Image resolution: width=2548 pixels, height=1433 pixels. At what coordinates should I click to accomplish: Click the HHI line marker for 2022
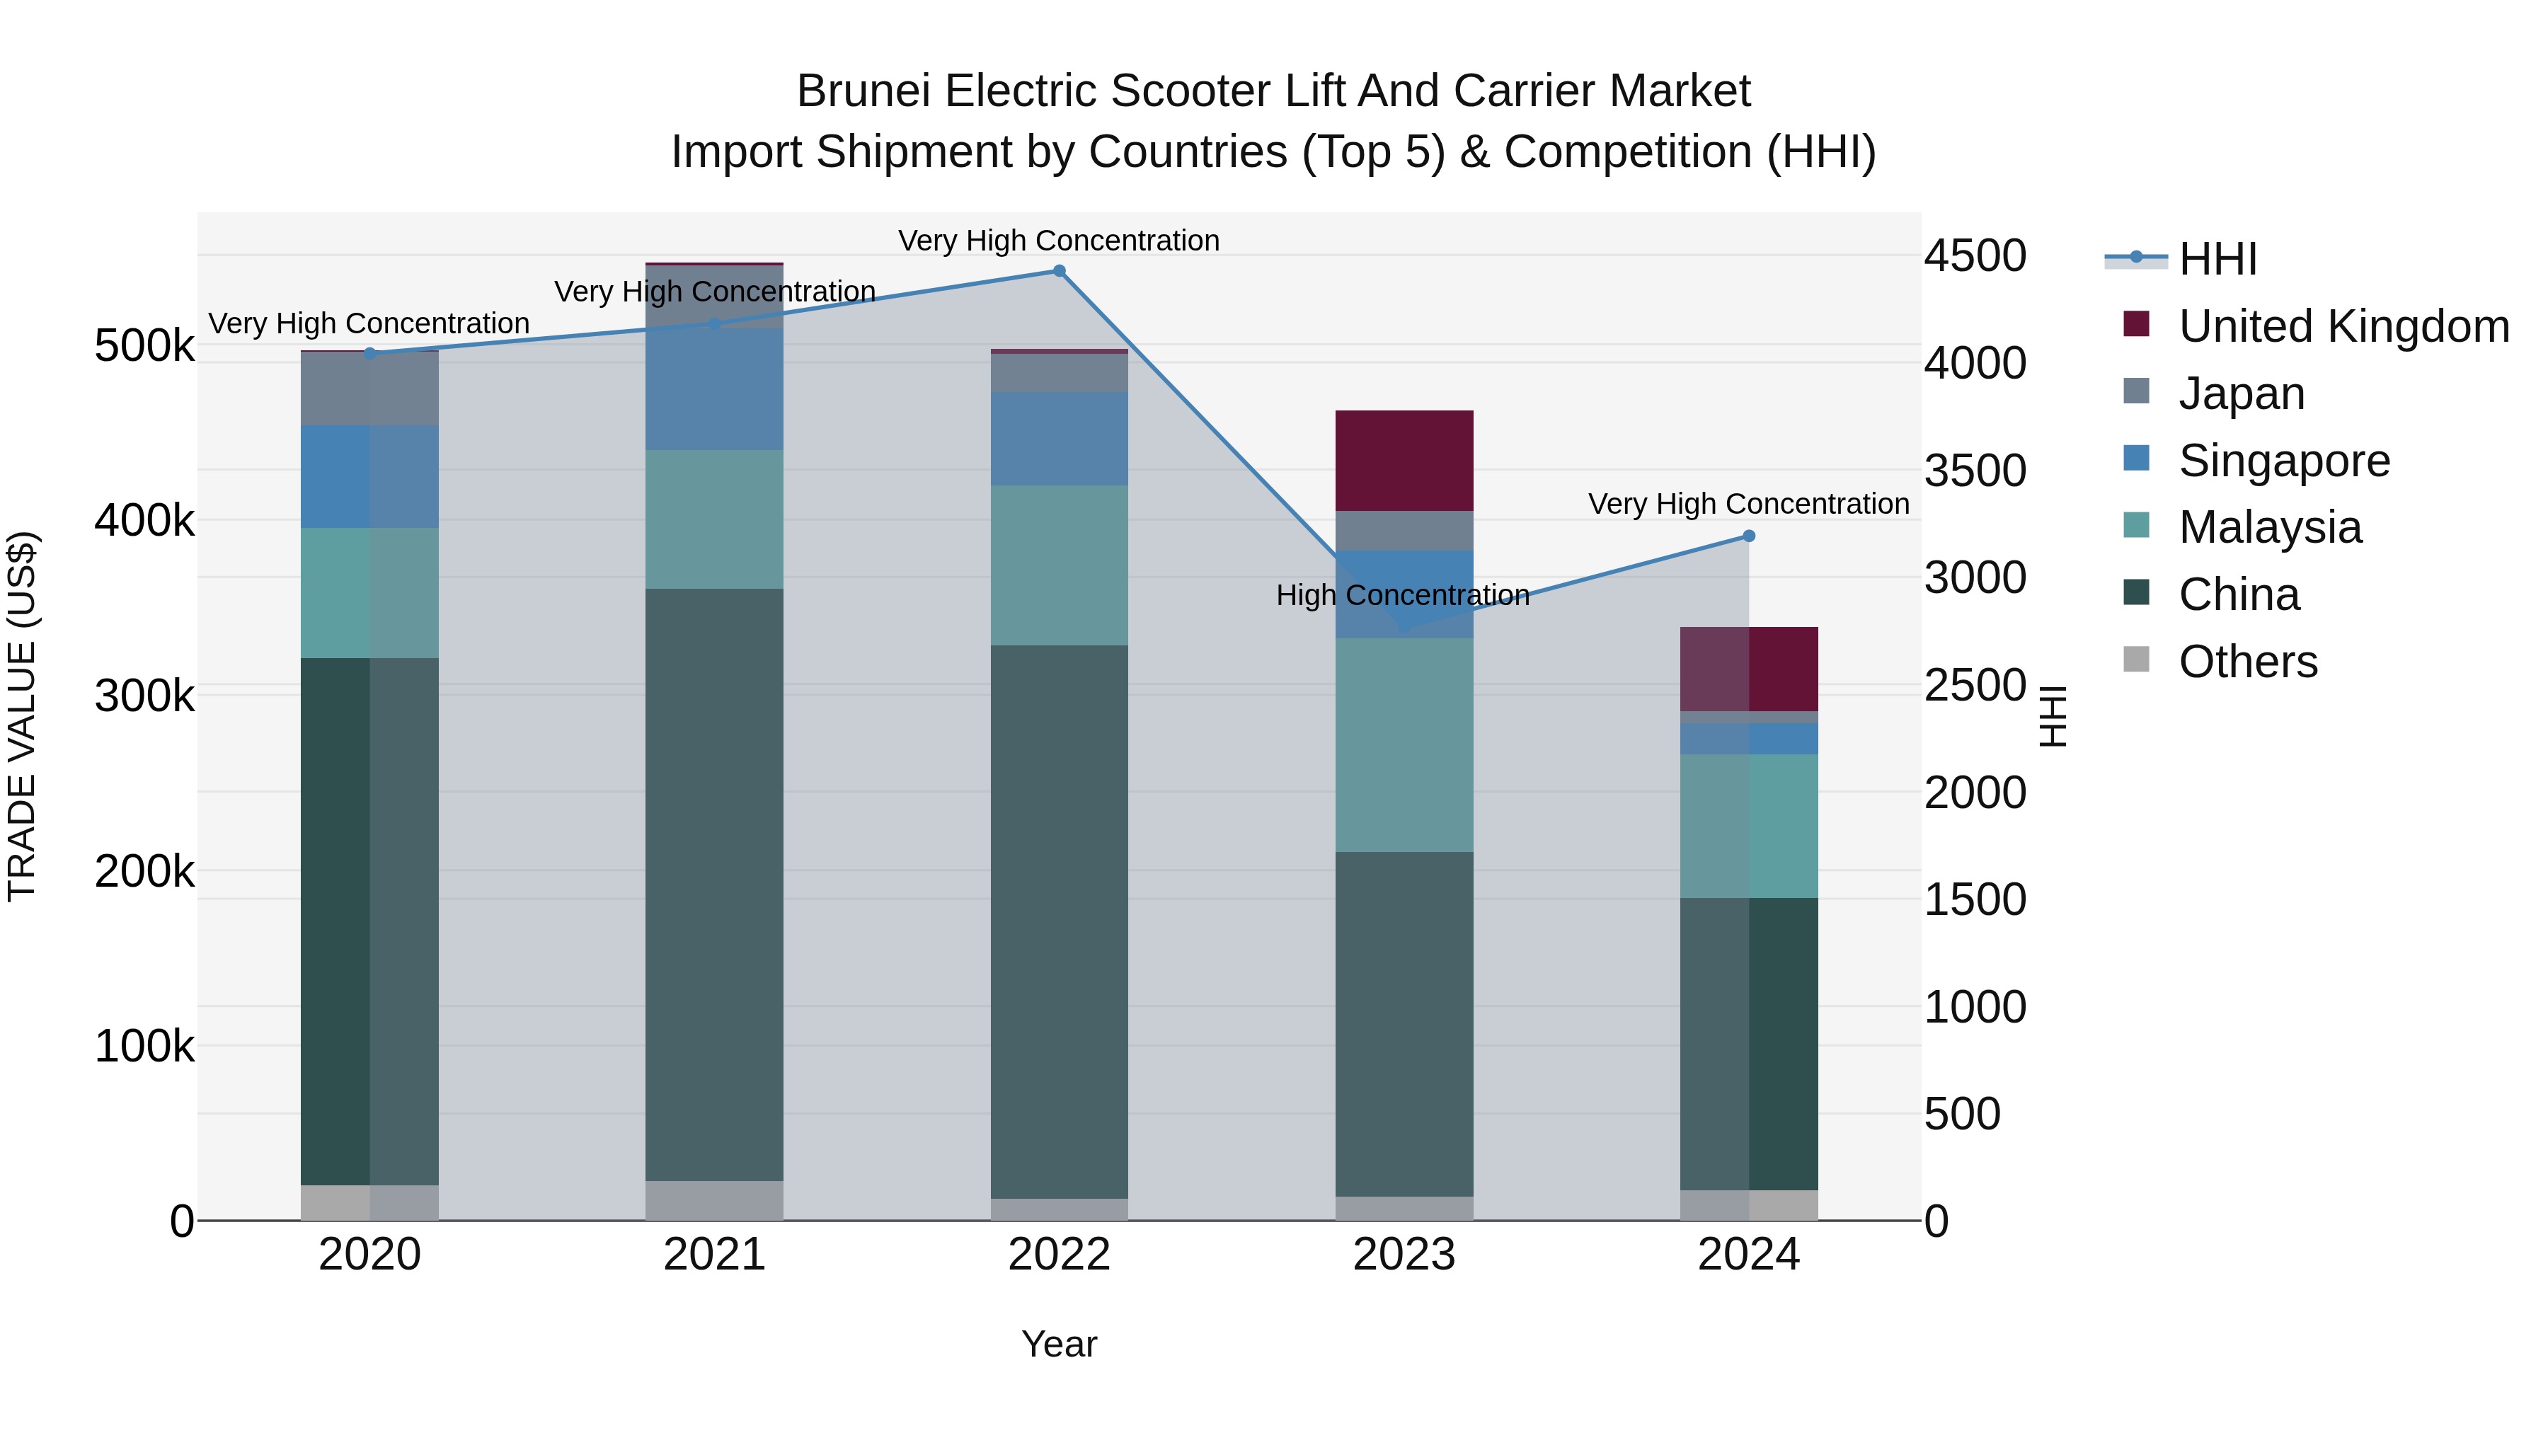[x=1058, y=271]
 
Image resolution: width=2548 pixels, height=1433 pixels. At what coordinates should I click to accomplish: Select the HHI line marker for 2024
[x=1748, y=536]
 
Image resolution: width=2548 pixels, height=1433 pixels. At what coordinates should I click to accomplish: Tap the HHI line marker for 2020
[x=370, y=353]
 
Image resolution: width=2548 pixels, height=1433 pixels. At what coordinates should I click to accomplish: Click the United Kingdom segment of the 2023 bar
[x=1404, y=460]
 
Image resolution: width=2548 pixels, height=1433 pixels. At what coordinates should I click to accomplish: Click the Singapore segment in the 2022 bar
[x=1058, y=438]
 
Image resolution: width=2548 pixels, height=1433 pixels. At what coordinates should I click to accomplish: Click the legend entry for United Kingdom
[x=2343, y=326]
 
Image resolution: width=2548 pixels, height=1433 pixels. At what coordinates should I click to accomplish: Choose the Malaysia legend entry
[x=2269, y=527]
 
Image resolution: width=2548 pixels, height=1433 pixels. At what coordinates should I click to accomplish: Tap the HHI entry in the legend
[x=2217, y=259]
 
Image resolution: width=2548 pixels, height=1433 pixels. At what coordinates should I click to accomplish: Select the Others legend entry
[x=2247, y=662]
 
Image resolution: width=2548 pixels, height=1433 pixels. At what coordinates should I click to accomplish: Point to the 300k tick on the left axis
[x=144, y=696]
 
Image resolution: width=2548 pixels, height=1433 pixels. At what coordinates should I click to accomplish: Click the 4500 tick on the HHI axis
[x=1974, y=256]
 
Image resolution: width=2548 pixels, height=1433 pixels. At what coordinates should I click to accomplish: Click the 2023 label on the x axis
[x=1404, y=1255]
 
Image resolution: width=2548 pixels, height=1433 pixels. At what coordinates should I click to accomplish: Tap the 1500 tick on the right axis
[x=1974, y=900]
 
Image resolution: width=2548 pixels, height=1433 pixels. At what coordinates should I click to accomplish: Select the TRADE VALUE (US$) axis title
[x=22, y=716]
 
